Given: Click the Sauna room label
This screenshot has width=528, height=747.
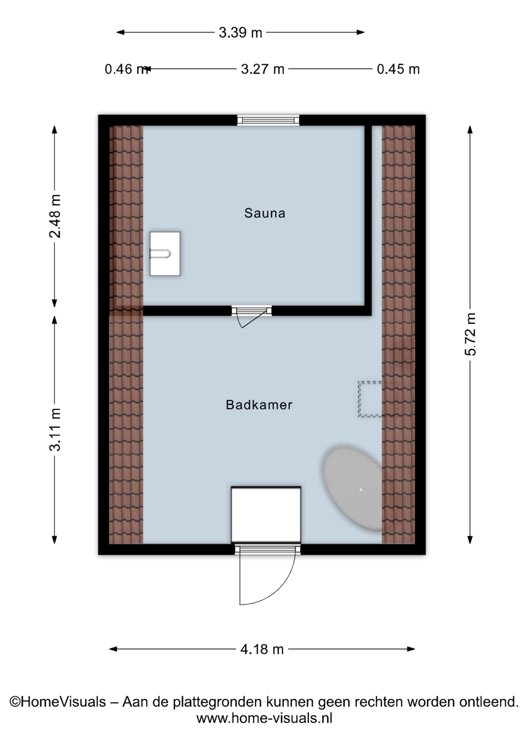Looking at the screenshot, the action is pos(264,213).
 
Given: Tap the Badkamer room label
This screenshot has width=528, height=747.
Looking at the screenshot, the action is pos(259,405).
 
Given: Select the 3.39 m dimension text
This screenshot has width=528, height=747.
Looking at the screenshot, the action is pos(240,32).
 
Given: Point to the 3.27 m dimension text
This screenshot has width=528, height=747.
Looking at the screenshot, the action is pos(262,69).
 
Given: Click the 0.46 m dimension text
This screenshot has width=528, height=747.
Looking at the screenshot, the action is pos(126,69).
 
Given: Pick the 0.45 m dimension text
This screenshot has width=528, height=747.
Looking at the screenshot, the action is pos(398,69).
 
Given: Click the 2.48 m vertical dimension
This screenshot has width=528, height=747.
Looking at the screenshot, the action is pos(55,216).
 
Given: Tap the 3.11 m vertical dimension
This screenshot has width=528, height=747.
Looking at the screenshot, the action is pos(55,429).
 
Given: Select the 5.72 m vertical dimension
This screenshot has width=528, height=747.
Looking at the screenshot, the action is pos(470,334).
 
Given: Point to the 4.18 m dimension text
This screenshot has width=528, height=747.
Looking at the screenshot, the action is pos(262,649).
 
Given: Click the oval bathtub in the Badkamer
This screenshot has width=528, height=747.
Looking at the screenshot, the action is pos(352,489).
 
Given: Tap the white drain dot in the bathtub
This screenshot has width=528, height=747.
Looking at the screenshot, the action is pos(361,489).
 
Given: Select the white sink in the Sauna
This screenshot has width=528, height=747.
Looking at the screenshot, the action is pos(165,254).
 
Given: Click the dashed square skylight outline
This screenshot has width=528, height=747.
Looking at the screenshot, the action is pos(370,399).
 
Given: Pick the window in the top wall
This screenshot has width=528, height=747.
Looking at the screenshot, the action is pos(268,120).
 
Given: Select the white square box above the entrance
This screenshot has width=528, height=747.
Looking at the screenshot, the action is pos(266,514).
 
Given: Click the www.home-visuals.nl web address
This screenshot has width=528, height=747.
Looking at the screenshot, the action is pos(264,718).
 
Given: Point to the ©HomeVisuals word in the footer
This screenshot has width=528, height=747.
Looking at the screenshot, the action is pos(58,701).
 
